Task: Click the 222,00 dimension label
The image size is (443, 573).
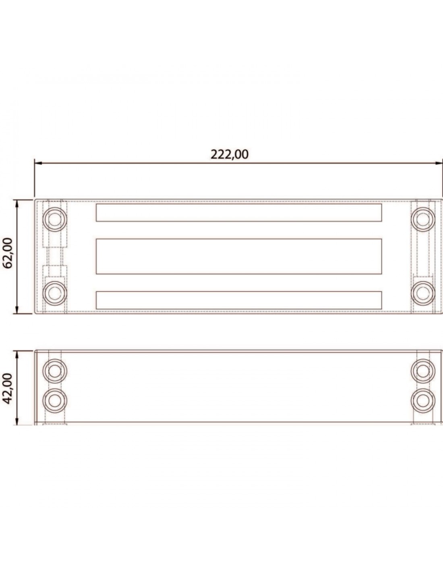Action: (x=230, y=154)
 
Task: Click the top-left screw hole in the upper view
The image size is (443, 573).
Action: (x=55, y=219)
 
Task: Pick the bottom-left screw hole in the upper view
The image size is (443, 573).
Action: (x=55, y=293)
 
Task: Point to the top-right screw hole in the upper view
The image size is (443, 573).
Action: (x=423, y=219)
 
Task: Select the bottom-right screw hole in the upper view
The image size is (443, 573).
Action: (x=423, y=293)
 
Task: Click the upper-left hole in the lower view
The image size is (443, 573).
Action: (x=55, y=371)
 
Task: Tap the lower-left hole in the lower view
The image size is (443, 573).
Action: (x=55, y=401)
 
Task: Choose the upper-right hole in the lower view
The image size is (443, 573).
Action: (x=423, y=371)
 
